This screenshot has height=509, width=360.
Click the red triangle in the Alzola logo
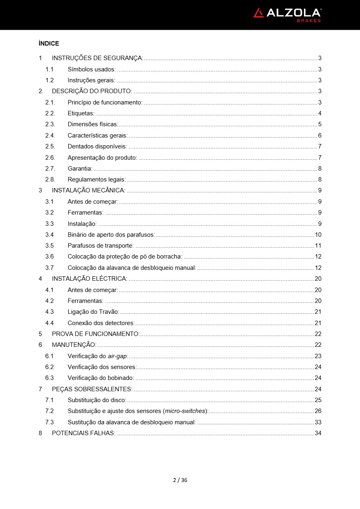click(258, 13)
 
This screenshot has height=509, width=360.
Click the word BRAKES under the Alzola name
click(309, 21)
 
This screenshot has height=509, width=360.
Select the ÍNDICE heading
click(48, 44)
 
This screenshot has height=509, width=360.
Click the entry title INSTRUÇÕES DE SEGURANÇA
click(97, 58)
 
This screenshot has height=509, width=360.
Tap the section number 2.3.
click(50, 124)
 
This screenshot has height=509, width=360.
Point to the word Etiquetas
click(81, 113)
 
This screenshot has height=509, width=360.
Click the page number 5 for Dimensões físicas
click(320, 124)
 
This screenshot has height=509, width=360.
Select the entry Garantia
click(80, 169)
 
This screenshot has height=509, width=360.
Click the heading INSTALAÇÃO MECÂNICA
click(88, 190)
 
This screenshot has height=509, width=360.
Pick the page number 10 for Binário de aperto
click(318, 235)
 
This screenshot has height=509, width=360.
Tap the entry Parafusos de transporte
click(100, 246)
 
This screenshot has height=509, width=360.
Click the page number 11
click(318, 246)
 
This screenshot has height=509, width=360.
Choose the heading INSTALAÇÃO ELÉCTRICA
click(90, 279)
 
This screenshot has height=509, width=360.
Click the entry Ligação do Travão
click(93, 312)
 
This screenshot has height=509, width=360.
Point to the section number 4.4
click(49, 323)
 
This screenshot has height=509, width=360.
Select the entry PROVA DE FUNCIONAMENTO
click(96, 334)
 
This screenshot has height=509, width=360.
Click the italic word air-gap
click(117, 356)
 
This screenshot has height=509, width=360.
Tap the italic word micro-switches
click(185, 411)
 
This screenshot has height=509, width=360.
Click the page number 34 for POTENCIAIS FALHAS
click(318, 433)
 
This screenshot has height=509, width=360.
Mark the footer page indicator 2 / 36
click(180, 480)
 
